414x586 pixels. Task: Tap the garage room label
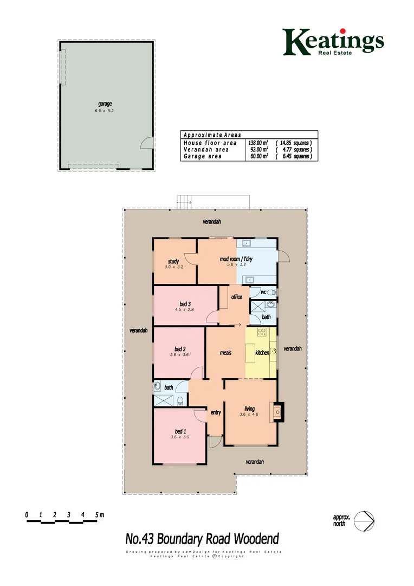coord(105,104)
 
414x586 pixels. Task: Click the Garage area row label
coord(203,156)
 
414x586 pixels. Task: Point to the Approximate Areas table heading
coord(212,135)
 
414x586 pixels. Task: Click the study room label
coord(173,262)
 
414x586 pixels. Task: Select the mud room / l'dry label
coord(236,259)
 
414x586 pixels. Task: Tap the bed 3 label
coord(185,304)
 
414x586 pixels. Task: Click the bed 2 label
coord(180,349)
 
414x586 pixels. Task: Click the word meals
coord(225,353)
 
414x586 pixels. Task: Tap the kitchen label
coord(262,353)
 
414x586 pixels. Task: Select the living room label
coord(249,409)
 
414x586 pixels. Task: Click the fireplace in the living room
coord(277,411)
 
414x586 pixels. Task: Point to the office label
coord(236,297)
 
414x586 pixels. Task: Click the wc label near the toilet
coord(263,292)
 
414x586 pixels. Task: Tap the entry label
coord(216,412)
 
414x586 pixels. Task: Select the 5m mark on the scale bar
coord(98,514)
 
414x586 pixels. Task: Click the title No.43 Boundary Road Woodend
coord(202,539)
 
